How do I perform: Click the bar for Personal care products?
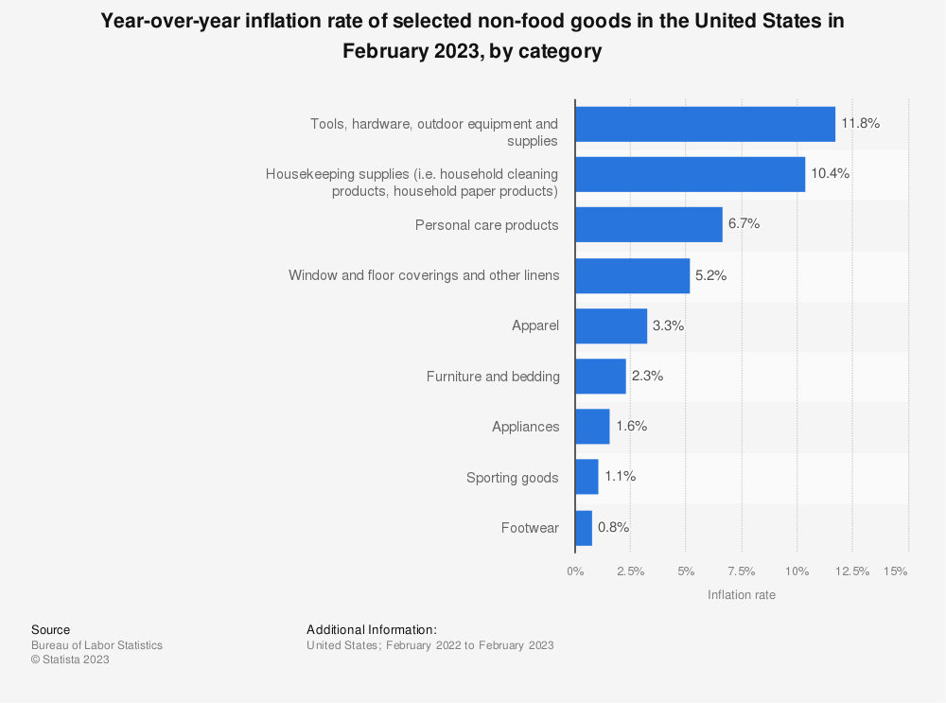point(648,224)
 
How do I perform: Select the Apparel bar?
point(610,325)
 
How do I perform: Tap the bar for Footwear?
point(583,528)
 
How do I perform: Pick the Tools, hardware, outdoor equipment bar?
point(705,124)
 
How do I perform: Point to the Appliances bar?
point(591,427)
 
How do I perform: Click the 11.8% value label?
point(861,123)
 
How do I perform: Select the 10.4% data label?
point(831,174)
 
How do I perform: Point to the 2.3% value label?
point(648,376)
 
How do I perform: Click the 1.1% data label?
point(621,477)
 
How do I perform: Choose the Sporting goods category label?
point(513,478)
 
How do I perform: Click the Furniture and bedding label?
point(493,377)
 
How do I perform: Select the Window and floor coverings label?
point(424,275)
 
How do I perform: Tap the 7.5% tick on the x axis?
point(741,571)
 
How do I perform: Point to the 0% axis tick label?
point(575,571)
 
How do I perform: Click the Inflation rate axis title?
point(742,595)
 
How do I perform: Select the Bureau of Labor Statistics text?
point(96,645)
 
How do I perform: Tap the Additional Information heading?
point(372,629)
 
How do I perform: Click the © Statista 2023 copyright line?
point(70,660)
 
